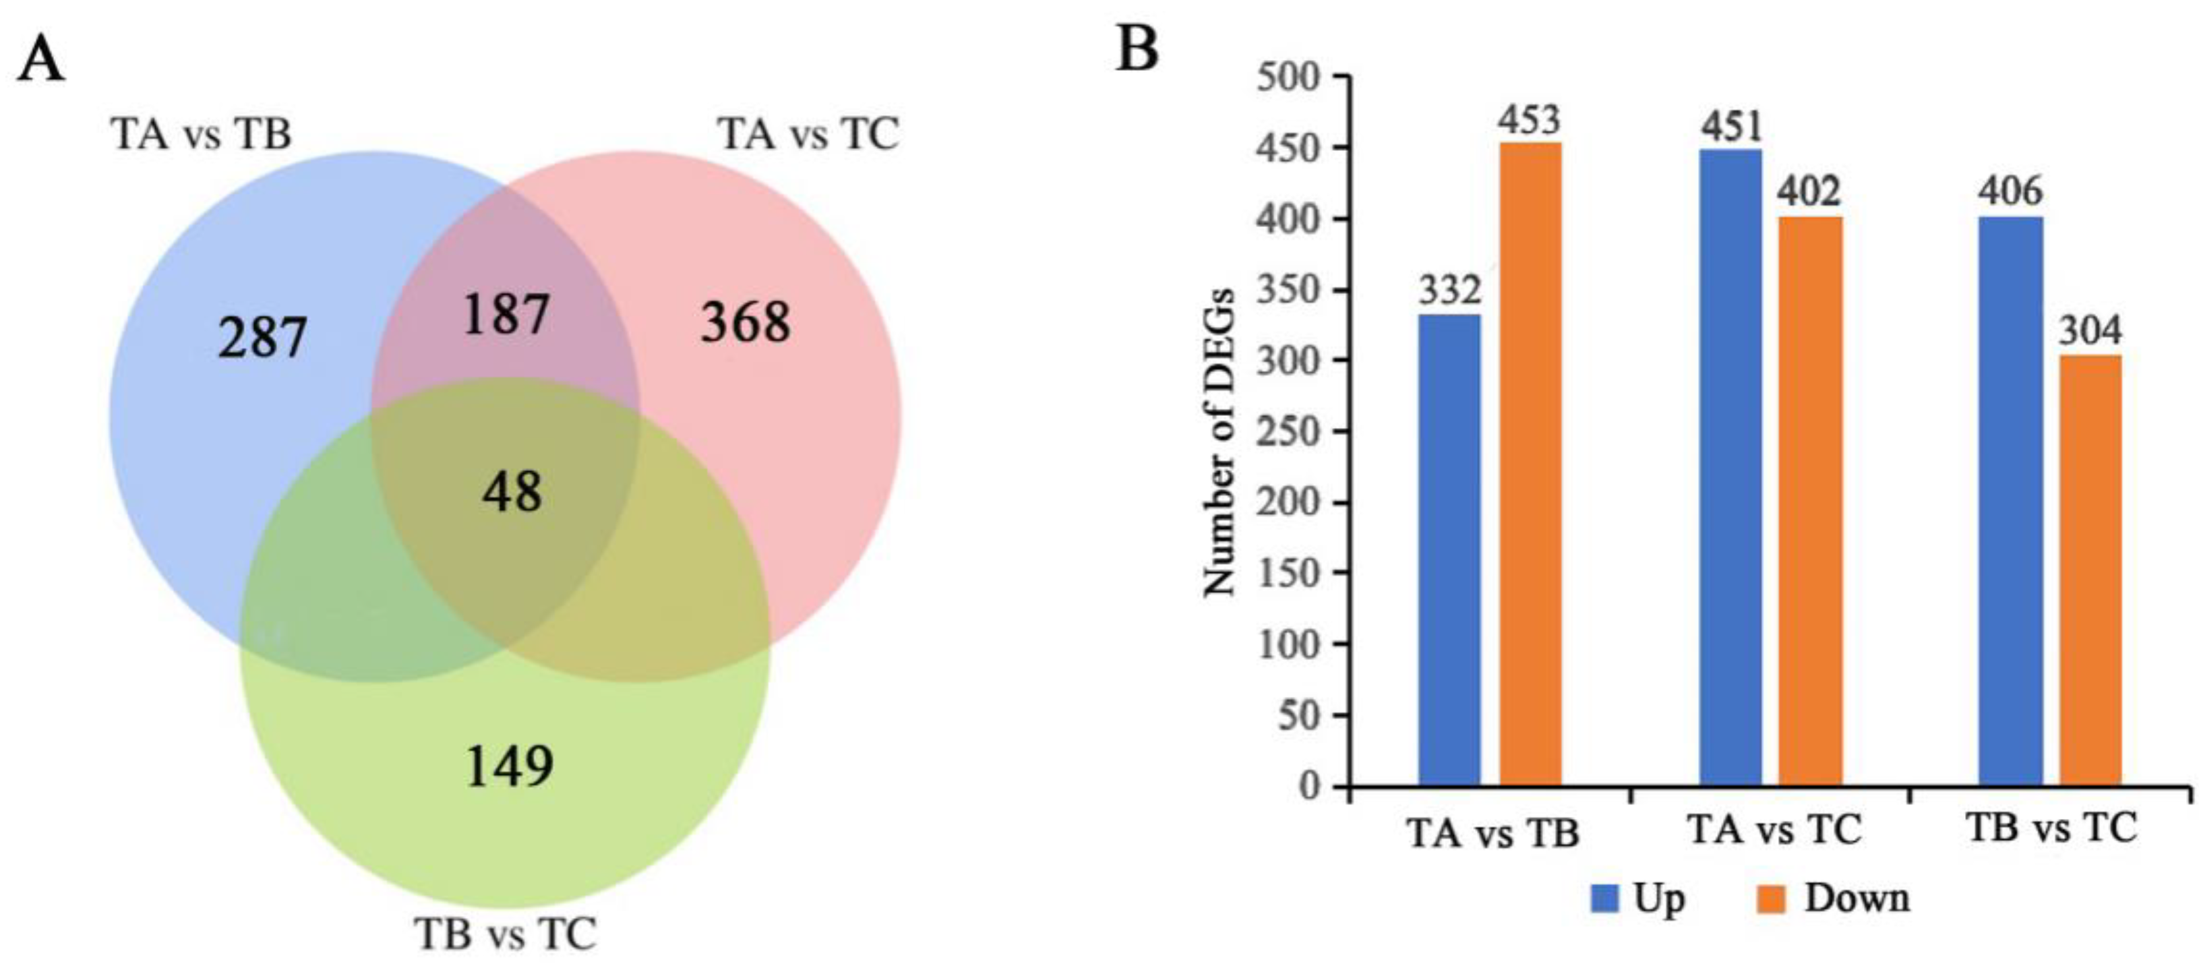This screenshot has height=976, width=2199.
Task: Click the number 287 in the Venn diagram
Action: tap(262, 338)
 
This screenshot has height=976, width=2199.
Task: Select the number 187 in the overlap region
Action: tap(506, 314)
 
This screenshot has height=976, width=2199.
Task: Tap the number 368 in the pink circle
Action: tap(745, 324)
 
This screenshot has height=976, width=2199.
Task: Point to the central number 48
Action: tap(512, 493)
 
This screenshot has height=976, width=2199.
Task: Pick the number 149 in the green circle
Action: tap(510, 766)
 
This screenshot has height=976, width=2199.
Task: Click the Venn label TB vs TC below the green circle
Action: tap(506, 934)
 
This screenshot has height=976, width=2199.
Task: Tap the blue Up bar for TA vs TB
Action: tap(1449, 550)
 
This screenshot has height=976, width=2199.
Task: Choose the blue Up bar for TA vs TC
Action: tap(1730, 467)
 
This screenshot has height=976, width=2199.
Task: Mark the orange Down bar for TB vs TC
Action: tap(2090, 570)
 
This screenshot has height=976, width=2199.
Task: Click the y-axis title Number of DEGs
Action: tap(1221, 442)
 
